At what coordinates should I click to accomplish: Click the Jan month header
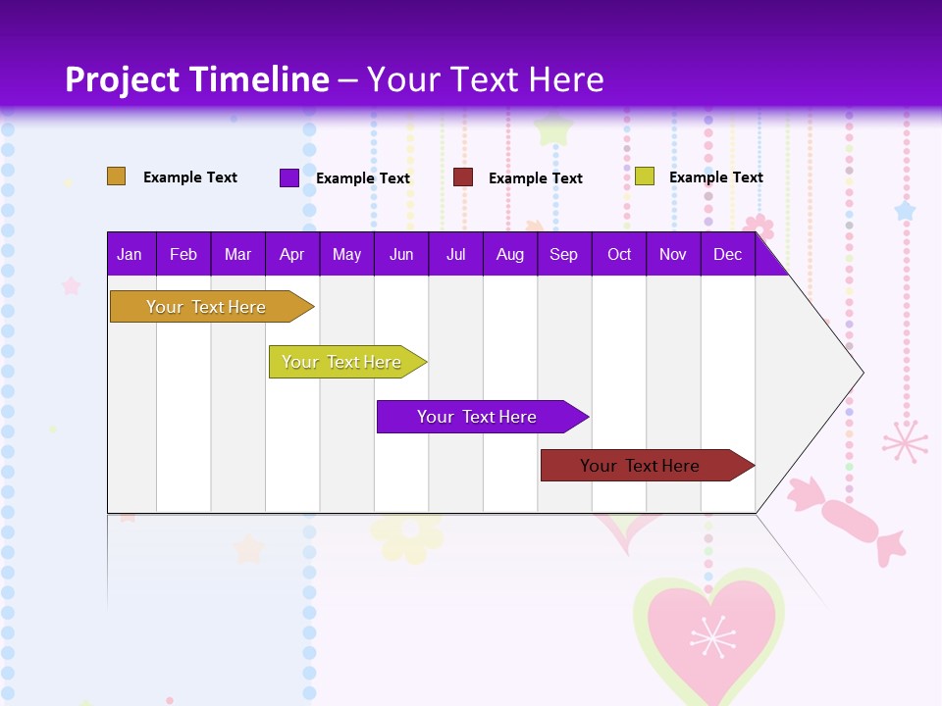(130, 255)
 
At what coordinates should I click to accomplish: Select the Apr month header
(292, 255)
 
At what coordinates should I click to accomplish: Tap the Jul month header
(455, 255)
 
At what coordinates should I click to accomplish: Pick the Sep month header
(563, 255)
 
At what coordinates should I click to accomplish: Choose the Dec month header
(727, 255)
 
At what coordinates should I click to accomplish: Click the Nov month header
(672, 255)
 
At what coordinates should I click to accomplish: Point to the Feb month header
(183, 255)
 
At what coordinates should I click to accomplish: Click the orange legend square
(117, 176)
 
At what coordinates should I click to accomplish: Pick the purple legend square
(289, 177)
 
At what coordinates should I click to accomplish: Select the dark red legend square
(463, 177)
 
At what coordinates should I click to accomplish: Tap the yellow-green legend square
(645, 176)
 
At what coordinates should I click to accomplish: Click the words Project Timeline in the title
(197, 79)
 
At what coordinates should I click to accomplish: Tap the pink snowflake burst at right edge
(905, 441)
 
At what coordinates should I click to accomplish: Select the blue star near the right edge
(905, 211)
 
